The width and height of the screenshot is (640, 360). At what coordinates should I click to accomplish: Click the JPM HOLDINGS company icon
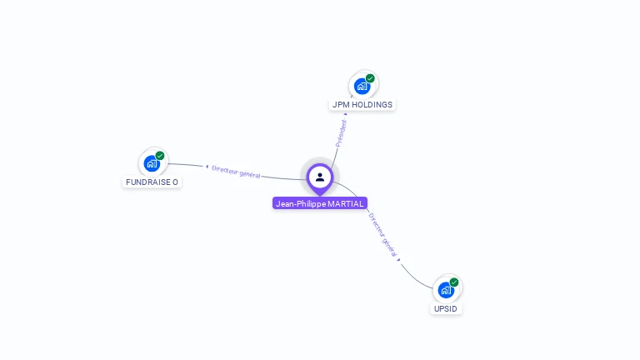(x=362, y=86)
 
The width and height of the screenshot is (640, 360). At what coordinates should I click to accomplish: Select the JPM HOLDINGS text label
(x=362, y=105)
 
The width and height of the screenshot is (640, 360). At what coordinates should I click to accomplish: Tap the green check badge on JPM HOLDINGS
(x=370, y=78)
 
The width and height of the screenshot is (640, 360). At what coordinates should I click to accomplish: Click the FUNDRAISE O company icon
(x=152, y=163)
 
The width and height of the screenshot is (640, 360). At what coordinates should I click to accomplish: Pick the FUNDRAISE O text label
(x=152, y=182)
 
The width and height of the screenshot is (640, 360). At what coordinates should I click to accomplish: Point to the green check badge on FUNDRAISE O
(x=160, y=156)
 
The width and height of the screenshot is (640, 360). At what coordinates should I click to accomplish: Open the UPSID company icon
(x=446, y=290)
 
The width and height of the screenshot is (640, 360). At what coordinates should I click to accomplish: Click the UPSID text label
(x=446, y=308)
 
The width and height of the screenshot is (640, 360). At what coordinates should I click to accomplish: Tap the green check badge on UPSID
(x=454, y=282)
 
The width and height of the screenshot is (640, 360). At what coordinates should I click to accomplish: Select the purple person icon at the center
(x=320, y=177)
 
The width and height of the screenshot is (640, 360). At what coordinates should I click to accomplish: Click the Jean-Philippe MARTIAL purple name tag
(x=320, y=203)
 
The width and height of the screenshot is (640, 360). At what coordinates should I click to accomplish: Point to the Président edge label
(x=341, y=133)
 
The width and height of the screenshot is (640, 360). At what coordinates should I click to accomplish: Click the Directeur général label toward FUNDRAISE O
(x=236, y=172)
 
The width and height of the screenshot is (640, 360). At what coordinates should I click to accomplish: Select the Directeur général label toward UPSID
(x=382, y=234)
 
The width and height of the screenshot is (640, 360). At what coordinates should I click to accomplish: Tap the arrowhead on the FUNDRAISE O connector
(x=207, y=167)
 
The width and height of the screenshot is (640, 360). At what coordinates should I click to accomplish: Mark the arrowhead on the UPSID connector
(x=399, y=259)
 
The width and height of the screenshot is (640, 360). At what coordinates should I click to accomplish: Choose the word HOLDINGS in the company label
(x=371, y=105)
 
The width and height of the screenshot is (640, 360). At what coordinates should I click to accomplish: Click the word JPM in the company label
(x=340, y=105)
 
